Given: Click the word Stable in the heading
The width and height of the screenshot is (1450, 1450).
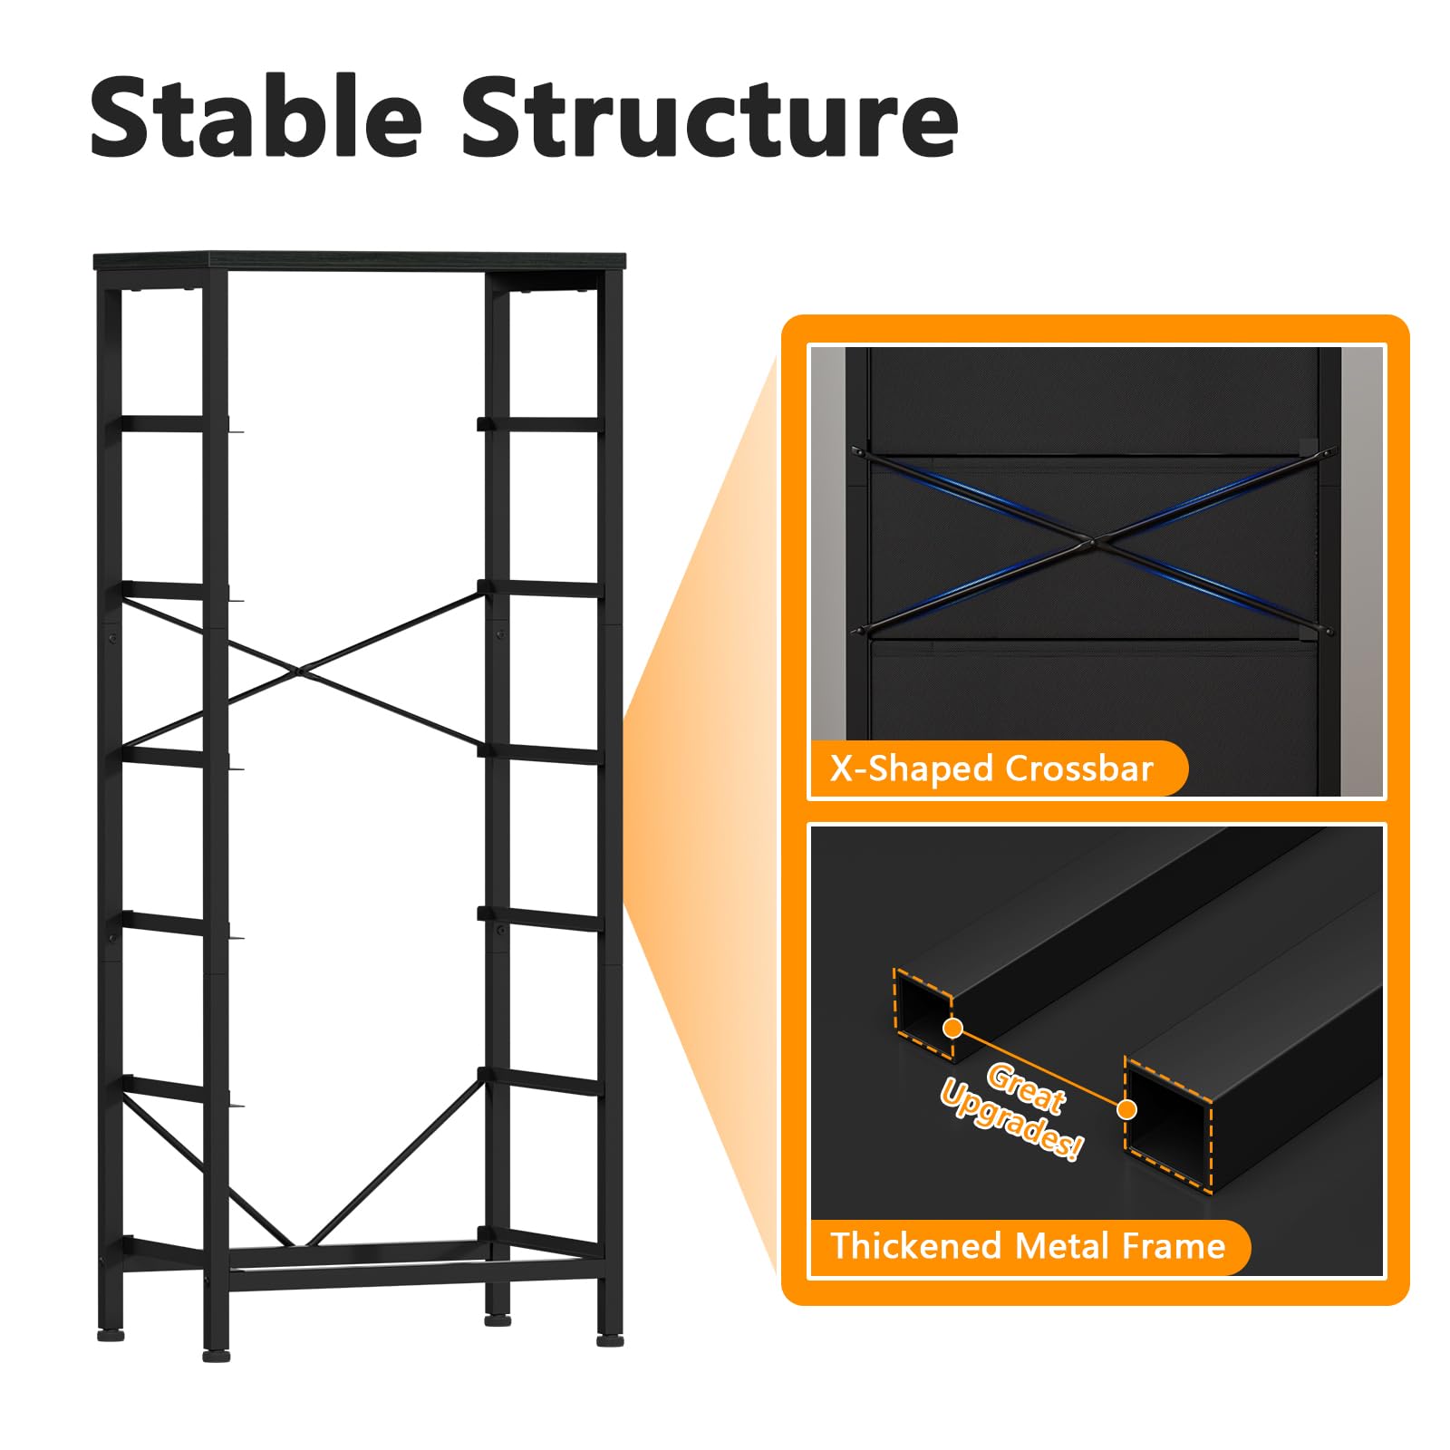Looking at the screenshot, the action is point(256,117).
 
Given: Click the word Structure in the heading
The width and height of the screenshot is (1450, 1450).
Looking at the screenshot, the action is point(710,119).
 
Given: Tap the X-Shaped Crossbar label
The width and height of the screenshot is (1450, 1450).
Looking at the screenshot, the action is point(991,768).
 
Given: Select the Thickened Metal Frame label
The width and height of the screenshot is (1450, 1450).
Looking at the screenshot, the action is point(1028,1246).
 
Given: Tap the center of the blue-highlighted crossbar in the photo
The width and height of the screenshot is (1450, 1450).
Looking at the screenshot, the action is point(1092,542).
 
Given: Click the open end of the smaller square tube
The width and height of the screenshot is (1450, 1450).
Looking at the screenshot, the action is point(923,1012).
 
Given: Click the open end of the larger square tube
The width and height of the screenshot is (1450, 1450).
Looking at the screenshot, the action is point(1168,1124).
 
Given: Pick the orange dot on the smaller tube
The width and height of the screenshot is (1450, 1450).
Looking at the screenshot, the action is point(952,1028).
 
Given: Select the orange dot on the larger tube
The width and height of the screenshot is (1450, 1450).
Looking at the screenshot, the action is point(1127,1109).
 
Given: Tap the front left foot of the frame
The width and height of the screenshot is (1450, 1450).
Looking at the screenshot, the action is point(216,1356).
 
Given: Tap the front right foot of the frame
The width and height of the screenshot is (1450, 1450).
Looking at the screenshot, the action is point(610,1339).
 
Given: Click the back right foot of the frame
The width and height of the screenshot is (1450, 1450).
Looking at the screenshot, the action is point(498,1319).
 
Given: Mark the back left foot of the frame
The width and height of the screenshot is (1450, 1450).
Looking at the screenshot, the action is point(111,1335).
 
